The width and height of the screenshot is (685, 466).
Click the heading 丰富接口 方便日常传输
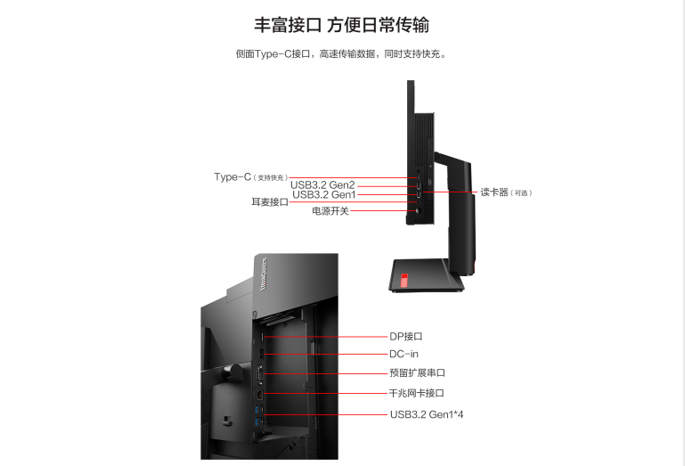tap(342, 24)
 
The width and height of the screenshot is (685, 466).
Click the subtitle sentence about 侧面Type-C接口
tap(342, 54)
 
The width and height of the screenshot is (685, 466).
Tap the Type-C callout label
tap(233, 176)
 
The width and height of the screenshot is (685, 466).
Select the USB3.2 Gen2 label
tap(322, 185)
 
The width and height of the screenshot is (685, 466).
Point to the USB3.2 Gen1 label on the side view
tap(324, 194)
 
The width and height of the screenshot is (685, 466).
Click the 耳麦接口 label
tap(270, 202)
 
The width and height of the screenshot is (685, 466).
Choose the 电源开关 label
tap(330, 211)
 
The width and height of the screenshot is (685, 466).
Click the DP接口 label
tap(405, 336)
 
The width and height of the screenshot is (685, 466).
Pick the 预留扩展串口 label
tap(417, 373)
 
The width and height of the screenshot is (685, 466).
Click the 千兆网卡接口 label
tap(417, 393)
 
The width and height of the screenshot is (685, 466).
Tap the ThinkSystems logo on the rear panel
tap(263, 272)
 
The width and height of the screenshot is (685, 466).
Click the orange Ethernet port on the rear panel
tap(259, 393)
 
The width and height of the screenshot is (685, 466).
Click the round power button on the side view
tap(415, 211)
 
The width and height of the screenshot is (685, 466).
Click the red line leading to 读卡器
tap(450, 192)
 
